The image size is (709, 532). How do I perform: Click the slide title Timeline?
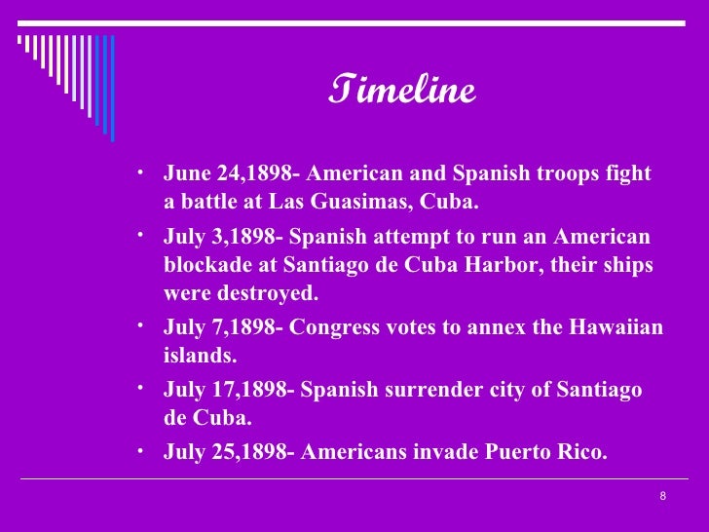402,91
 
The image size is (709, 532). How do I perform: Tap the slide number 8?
663,497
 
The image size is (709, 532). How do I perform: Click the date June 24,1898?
227,174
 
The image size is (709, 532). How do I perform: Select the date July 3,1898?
221,239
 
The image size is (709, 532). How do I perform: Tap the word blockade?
206,266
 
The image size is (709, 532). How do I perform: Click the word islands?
200,356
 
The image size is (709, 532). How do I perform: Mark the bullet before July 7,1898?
142,323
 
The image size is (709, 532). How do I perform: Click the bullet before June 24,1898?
142,170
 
